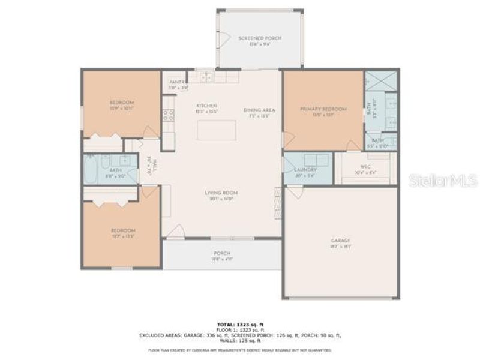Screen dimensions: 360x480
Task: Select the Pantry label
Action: pos(178,82)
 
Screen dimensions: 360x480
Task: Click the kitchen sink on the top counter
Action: pos(206,77)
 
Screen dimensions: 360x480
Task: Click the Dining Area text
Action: pos(259,110)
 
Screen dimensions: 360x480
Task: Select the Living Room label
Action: pos(221,193)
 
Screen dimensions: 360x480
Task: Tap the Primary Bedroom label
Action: pos(323,109)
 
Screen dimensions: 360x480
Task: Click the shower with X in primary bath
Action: pos(382,80)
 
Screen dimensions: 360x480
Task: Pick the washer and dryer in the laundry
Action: pos(316,160)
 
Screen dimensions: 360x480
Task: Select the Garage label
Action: pos(341,241)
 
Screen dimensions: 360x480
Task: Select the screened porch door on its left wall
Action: pos(224,39)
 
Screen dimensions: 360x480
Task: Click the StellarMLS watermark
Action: pos(443,180)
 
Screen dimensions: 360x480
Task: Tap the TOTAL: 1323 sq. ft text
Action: pos(240,323)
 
